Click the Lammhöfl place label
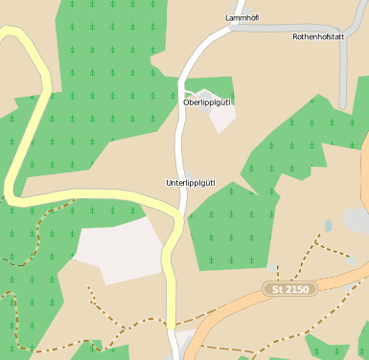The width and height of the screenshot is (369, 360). (x=242, y=17)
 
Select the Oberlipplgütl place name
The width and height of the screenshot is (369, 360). (x=206, y=101)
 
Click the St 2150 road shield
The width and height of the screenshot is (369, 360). (x=289, y=288)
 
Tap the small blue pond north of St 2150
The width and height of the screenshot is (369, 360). (x=329, y=226)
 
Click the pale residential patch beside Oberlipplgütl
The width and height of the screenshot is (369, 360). (x=222, y=117)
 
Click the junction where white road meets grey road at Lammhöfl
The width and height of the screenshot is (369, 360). (x=230, y=29)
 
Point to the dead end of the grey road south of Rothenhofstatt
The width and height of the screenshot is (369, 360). (x=342, y=104)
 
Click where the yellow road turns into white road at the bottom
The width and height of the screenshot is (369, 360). (x=172, y=331)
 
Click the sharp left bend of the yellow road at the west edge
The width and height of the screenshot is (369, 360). (x=10, y=187)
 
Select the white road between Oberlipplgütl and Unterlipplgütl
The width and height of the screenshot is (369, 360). (x=179, y=144)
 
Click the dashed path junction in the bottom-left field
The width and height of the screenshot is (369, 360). (x=95, y=306)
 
